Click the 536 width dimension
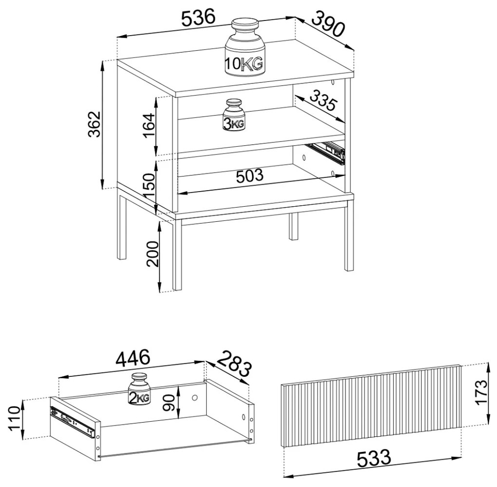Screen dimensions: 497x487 click(198, 18)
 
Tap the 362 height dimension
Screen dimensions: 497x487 click(95, 124)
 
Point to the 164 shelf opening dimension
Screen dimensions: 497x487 click(149, 125)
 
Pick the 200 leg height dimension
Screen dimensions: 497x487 click(153, 253)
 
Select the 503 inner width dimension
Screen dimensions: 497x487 click(250, 175)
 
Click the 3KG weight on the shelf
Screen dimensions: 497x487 click(233, 115)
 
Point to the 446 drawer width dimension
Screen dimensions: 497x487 click(133, 358)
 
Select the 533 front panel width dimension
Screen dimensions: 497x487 click(374, 458)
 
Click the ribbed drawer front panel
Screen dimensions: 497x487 click(371, 406)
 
